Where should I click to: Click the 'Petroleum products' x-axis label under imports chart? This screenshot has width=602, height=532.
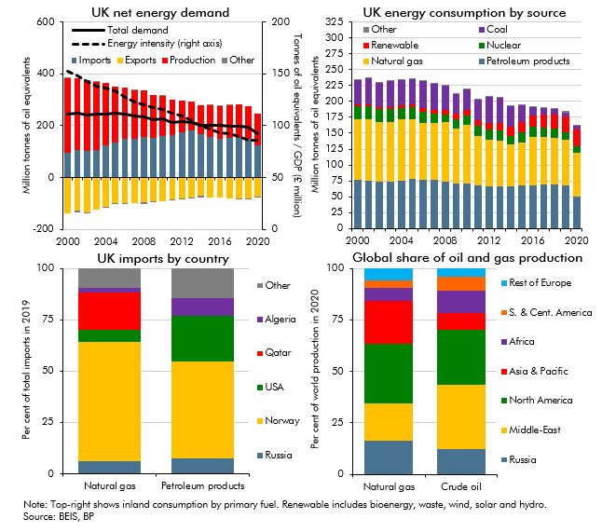click(202, 485)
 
